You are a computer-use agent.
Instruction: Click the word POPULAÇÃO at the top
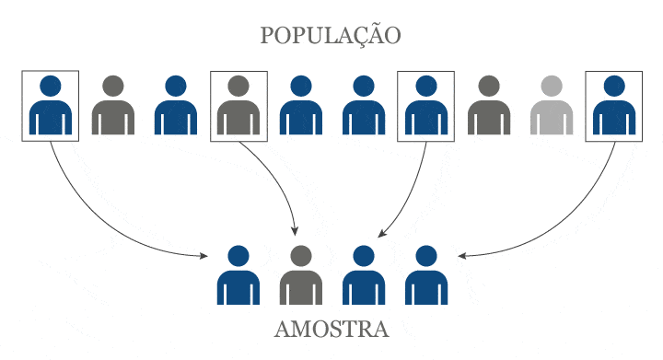331,37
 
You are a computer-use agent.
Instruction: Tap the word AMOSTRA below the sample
331,329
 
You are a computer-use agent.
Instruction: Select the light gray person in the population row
551,105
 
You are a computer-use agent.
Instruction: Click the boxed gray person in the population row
238,105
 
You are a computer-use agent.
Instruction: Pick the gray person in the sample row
299,275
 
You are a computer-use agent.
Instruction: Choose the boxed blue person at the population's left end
51,105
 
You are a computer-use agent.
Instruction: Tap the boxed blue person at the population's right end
613,105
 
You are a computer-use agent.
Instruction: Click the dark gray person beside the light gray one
488,105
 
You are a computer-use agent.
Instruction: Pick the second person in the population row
113,105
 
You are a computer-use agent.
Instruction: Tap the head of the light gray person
551,87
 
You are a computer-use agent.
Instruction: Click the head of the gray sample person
299,255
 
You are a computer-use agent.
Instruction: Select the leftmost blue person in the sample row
238,275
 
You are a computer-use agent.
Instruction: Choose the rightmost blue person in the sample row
425,275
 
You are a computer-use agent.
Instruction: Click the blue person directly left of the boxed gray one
176,105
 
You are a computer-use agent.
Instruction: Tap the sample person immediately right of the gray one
362,275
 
